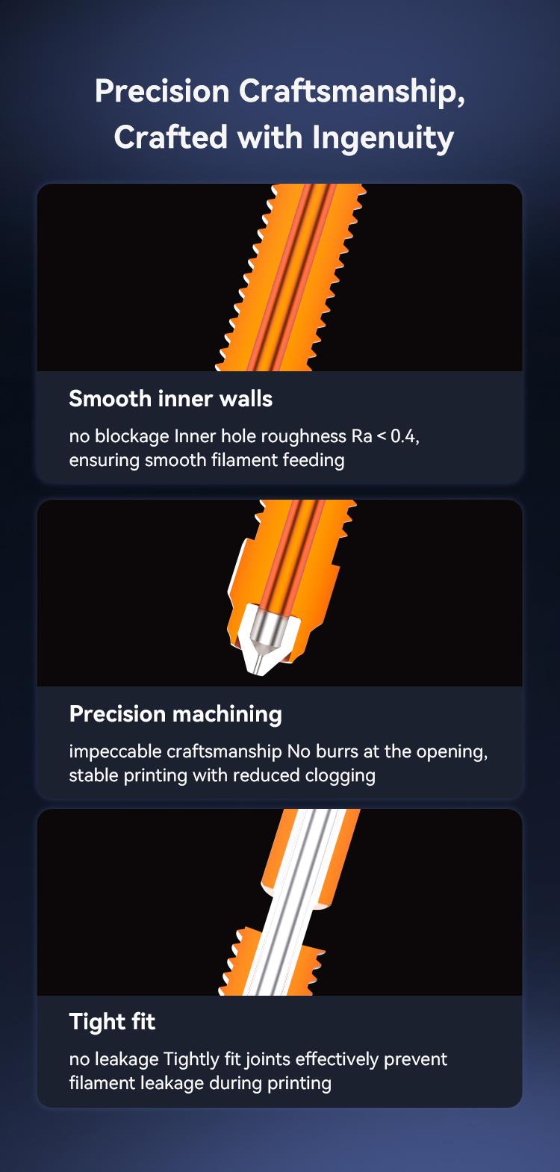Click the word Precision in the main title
[162, 91]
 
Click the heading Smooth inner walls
[170, 399]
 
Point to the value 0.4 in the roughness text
[405, 436]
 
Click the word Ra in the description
[361, 435]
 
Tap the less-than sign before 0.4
[382, 436]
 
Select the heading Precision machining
[175, 714]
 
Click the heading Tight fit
[112, 1021]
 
